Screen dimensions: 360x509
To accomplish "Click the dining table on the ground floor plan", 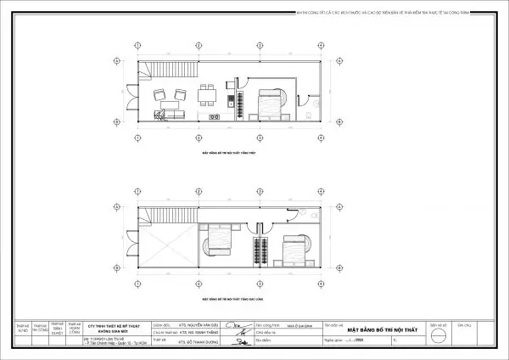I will coord(205,93).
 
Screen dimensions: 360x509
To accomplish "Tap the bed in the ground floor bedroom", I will coord(268,105).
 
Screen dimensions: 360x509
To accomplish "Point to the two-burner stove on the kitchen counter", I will coord(212,113).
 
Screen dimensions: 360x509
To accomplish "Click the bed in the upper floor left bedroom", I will coord(218,245).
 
